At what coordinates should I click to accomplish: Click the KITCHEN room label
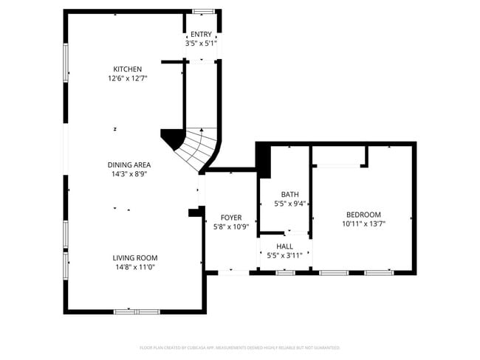pyautogui.click(x=127, y=69)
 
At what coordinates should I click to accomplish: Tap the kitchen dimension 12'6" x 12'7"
pyautogui.click(x=127, y=78)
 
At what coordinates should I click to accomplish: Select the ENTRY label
pyautogui.click(x=201, y=35)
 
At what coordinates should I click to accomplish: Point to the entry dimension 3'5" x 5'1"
pyautogui.click(x=201, y=44)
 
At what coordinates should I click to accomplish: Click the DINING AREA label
pyautogui.click(x=130, y=165)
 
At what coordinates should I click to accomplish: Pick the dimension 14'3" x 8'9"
pyautogui.click(x=130, y=174)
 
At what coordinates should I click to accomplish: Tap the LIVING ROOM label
pyautogui.click(x=135, y=257)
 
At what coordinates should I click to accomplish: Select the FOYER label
pyautogui.click(x=231, y=218)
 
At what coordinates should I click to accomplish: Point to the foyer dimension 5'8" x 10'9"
pyautogui.click(x=231, y=226)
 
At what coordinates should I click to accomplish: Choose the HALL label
pyautogui.click(x=284, y=246)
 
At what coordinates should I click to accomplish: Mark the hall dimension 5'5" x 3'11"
pyautogui.click(x=284, y=255)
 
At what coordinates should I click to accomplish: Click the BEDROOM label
pyautogui.click(x=364, y=214)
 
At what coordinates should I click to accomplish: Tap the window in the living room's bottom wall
pyautogui.click(x=137, y=312)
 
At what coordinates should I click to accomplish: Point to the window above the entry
pyautogui.click(x=203, y=11)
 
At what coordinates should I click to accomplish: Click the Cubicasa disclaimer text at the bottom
pyautogui.click(x=240, y=347)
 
